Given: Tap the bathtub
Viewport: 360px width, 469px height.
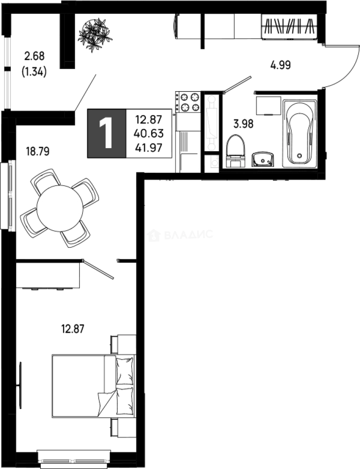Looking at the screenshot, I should [x=299, y=133].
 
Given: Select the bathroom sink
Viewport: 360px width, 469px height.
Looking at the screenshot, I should [x=263, y=159].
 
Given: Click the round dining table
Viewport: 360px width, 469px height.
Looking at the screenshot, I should [x=59, y=208].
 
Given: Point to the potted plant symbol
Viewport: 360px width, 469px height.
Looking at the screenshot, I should [x=95, y=34].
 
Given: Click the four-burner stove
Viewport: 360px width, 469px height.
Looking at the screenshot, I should [x=187, y=102].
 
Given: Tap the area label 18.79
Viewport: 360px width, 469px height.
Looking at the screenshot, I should [x=38, y=152].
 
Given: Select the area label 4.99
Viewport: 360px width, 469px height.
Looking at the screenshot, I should [x=280, y=66].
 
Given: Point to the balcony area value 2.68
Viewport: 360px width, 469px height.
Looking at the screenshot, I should [x=35, y=56].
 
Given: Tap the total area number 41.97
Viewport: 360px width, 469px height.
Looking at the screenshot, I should [x=149, y=148].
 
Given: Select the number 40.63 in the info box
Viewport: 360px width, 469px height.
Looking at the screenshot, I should [x=149, y=133].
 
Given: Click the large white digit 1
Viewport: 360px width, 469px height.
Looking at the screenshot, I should [x=106, y=133].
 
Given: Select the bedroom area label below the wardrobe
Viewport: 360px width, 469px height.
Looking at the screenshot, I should [x=72, y=328].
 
